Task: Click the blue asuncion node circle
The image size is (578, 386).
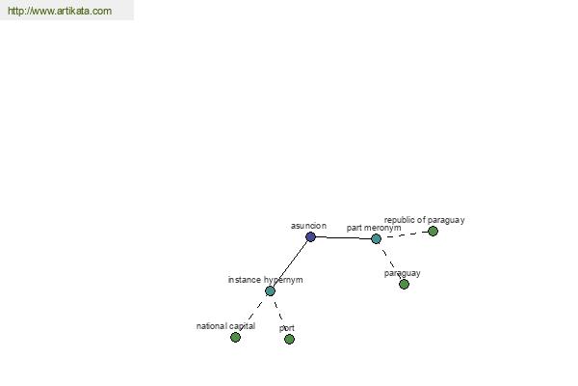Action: coord(311,236)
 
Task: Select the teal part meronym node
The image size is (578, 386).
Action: coord(376,239)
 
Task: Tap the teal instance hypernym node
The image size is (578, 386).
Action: coord(270,291)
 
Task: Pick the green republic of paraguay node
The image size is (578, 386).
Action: coord(433,232)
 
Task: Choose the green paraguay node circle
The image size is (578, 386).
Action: coord(405,284)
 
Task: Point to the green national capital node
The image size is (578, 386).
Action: coord(236,337)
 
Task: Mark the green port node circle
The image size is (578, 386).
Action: coord(290,339)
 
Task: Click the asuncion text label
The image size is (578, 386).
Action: coord(308,226)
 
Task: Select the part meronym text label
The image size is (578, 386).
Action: coord(374,228)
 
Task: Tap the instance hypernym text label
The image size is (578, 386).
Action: coord(266,280)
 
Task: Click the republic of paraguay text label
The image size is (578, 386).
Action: coord(424,220)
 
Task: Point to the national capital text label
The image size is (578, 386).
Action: coord(226,326)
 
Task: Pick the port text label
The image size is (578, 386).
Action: coord(287,328)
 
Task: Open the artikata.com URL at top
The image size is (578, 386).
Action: coord(60,11)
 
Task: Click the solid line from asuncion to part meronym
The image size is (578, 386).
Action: coord(343,238)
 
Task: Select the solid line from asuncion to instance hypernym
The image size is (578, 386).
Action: coord(291,263)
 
